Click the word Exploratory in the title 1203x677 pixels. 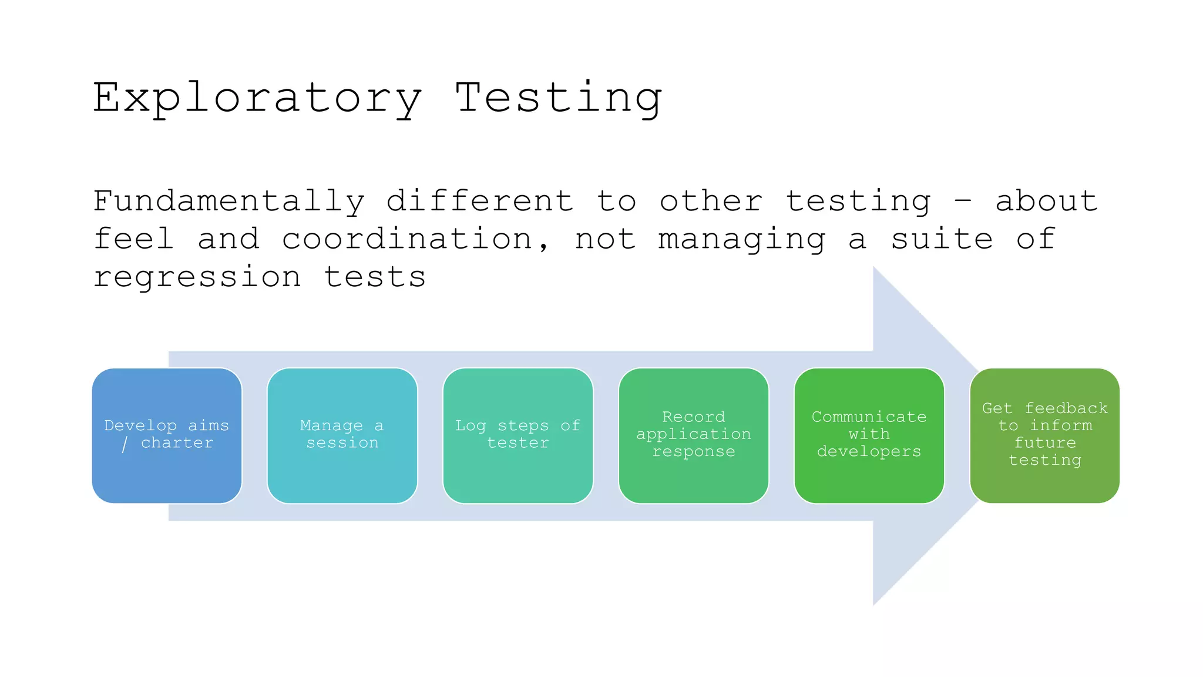pyautogui.click(x=257, y=99)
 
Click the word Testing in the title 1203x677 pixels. pyautogui.click(x=559, y=98)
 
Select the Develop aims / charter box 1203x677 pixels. pyautogui.click(x=167, y=435)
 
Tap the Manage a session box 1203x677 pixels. pyautogui.click(x=342, y=435)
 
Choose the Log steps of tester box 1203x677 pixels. pyautogui.click(x=518, y=435)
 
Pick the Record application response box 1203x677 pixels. pyautogui.click(x=693, y=435)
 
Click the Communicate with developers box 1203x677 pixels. pyautogui.click(x=869, y=435)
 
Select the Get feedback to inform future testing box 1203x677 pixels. pyautogui.click(x=1044, y=435)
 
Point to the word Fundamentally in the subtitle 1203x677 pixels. pyautogui.click(x=229, y=202)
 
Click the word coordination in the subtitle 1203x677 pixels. pyautogui.click(x=407, y=239)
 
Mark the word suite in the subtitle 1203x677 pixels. pyautogui.click(x=942, y=239)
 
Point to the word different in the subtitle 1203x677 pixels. pyautogui.click(x=480, y=202)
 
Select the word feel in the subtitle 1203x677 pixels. pyautogui.click(x=134, y=239)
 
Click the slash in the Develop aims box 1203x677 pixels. pyautogui.click(x=125, y=443)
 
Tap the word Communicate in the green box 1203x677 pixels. pyautogui.click(x=869, y=417)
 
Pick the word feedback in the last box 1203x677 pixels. pyautogui.click(x=1066, y=408)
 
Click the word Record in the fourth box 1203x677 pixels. pyautogui.click(x=693, y=417)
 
